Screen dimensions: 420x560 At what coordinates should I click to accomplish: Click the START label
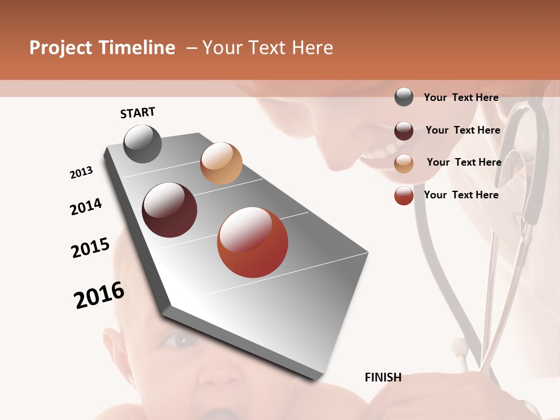(x=138, y=113)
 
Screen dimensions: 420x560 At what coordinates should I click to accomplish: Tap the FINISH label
(x=383, y=377)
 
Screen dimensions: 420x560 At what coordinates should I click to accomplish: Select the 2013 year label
(x=81, y=172)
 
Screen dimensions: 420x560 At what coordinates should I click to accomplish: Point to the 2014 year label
(x=86, y=206)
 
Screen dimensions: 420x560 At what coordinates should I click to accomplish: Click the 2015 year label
(x=90, y=248)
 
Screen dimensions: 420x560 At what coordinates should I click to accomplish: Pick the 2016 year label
(x=99, y=295)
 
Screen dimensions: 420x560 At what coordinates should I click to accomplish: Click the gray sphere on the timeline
(x=142, y=143)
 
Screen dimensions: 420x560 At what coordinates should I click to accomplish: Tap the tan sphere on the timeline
(x=221, y=163)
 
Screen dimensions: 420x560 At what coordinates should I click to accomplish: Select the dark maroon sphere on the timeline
(x=169, y=210)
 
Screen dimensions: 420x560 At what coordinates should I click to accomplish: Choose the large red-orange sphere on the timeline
(x=253, y=242)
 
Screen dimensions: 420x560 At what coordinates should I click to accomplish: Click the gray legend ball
(x=404, y=97)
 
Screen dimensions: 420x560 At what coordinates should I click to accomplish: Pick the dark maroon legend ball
(x=404, y=131)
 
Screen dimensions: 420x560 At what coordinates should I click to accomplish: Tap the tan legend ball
(x=404, y=163)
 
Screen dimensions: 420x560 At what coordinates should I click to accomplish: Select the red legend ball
(x=404, y=195)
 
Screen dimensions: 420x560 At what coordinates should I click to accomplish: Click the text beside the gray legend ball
(x=461, y=97)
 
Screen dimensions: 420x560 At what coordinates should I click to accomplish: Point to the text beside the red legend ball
(x=461, y=195)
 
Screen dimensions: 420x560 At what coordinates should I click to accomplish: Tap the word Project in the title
(x=60, y=48)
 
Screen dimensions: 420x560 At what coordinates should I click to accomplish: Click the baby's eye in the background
(x=180, y=340)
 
